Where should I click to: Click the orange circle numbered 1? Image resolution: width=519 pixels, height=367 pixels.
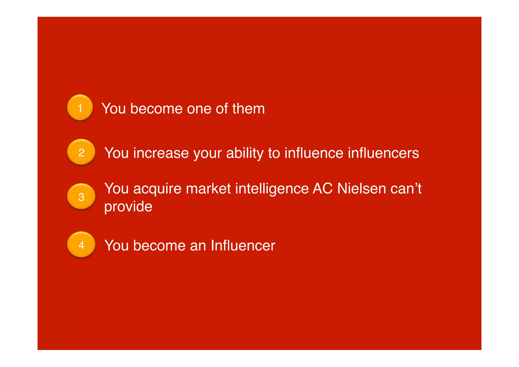point(80,108)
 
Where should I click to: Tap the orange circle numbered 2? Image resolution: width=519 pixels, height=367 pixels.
point(81,152)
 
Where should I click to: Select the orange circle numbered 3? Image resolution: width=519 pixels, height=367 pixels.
point(81,196)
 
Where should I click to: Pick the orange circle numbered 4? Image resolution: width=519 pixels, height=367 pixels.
point(81,244)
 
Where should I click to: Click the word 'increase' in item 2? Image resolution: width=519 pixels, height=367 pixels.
point(161,153)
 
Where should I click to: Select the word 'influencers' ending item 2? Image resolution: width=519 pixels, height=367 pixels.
point(383,153)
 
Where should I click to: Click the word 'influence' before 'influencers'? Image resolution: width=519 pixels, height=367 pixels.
point(314,153)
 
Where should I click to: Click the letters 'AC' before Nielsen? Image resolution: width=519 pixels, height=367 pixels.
point(322,189)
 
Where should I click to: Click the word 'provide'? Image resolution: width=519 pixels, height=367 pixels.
point(128,207)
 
